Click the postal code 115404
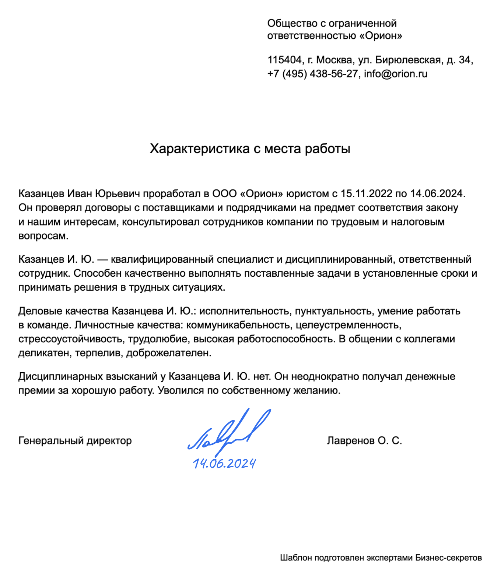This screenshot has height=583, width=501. tap(284, 60)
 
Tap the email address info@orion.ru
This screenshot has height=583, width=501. tap(395, 74)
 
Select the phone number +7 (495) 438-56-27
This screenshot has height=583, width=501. tap(313, 74)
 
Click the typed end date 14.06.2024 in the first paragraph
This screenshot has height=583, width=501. tap(438, 193)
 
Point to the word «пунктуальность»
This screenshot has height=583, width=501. tap(334, 311)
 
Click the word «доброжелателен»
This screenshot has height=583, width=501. tap(169, 353)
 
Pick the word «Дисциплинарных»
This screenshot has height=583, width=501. tap(60, 377)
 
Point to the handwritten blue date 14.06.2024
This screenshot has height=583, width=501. tap(224, 464)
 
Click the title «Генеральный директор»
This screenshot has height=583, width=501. tap(75, 441)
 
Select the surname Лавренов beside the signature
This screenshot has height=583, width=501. tap(350, 441)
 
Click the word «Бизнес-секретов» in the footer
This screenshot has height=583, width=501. tap(448, 558)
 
